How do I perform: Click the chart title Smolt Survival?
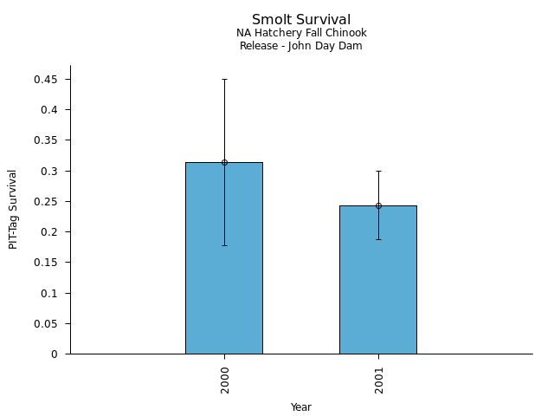301,20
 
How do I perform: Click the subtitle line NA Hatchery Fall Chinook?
301,33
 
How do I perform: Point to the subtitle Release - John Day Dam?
301,46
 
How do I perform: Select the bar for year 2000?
224,260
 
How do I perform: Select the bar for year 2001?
378,282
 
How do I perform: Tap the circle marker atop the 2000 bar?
224,162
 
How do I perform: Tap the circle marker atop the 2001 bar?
378,205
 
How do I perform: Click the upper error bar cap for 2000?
224,79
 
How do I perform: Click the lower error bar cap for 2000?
224,245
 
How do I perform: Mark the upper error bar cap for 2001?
378,171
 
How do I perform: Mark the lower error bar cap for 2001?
378,239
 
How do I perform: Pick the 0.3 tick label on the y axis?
51,172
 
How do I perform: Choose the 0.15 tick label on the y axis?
48,263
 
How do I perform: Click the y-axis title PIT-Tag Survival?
13,210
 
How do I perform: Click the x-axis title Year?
301,407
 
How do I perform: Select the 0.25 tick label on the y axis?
48,202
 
